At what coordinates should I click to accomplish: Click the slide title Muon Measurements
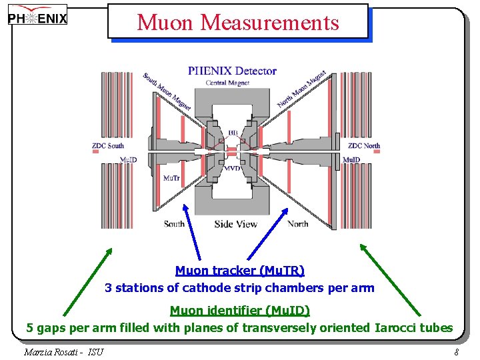238,23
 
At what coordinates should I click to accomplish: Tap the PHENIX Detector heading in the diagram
232,71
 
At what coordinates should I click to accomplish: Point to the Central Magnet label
227,83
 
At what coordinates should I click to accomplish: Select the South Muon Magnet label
167,90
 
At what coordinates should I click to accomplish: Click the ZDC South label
108,146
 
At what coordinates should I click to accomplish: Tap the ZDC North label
363,146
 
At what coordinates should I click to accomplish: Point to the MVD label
233,169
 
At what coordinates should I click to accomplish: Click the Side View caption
235,224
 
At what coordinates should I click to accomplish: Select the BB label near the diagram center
233,134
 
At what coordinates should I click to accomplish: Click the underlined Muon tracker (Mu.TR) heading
239,271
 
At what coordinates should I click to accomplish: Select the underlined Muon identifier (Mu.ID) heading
239,311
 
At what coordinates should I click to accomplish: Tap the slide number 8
456,352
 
